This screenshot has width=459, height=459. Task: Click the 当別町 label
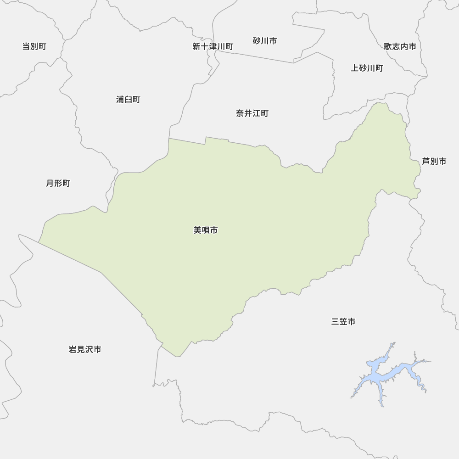tap(34, 46)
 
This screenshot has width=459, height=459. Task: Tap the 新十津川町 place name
tap(213, 46)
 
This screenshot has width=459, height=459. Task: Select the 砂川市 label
tap(265, 41)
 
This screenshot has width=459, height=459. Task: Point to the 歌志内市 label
tap(400, 46)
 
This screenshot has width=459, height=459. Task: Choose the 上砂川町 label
tap(367, 68)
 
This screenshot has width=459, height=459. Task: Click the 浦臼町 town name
tap(128, 100)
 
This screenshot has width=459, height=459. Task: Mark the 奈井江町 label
tap(252, 113)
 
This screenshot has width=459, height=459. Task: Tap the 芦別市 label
tap(434, 162)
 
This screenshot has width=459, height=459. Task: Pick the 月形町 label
tap(58, 184)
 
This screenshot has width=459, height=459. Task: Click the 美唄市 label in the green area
tap(206, 230)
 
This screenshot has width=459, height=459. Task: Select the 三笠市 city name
tap(343, 322)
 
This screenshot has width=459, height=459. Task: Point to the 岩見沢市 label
tap(85, 350)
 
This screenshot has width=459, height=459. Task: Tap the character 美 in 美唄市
tap(198, 230)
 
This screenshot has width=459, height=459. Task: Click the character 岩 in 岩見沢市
tap(73, 350)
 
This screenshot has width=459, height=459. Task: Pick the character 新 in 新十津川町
tap(196, 46)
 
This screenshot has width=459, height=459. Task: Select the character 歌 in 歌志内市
tap(388, 46)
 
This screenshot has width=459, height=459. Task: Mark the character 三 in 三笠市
tap(336, 322)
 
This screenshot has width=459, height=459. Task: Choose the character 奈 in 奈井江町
tap(240, 113)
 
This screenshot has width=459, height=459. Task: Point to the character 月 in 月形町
tap(50, 184)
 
